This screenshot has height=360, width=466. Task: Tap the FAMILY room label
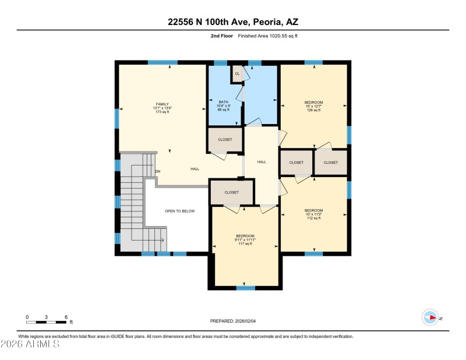(162, 104)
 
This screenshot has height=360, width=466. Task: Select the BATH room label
(223, 101)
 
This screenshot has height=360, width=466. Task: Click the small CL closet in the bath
(237, 74)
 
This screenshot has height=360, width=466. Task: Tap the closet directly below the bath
(225, 140)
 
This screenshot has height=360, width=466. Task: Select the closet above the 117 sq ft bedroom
(231, 192)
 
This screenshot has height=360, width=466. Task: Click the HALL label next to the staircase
(195, 169)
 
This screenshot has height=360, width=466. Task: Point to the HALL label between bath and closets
(262, 162)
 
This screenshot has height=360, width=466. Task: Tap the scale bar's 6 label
(66, 317)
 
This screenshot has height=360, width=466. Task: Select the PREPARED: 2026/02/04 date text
(232, 321)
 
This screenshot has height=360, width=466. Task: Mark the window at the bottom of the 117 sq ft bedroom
(245, 288)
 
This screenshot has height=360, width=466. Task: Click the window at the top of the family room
(163, 62)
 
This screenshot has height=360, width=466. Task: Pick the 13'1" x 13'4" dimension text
(162, 108)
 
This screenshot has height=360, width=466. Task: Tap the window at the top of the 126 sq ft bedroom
(313, 62)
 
